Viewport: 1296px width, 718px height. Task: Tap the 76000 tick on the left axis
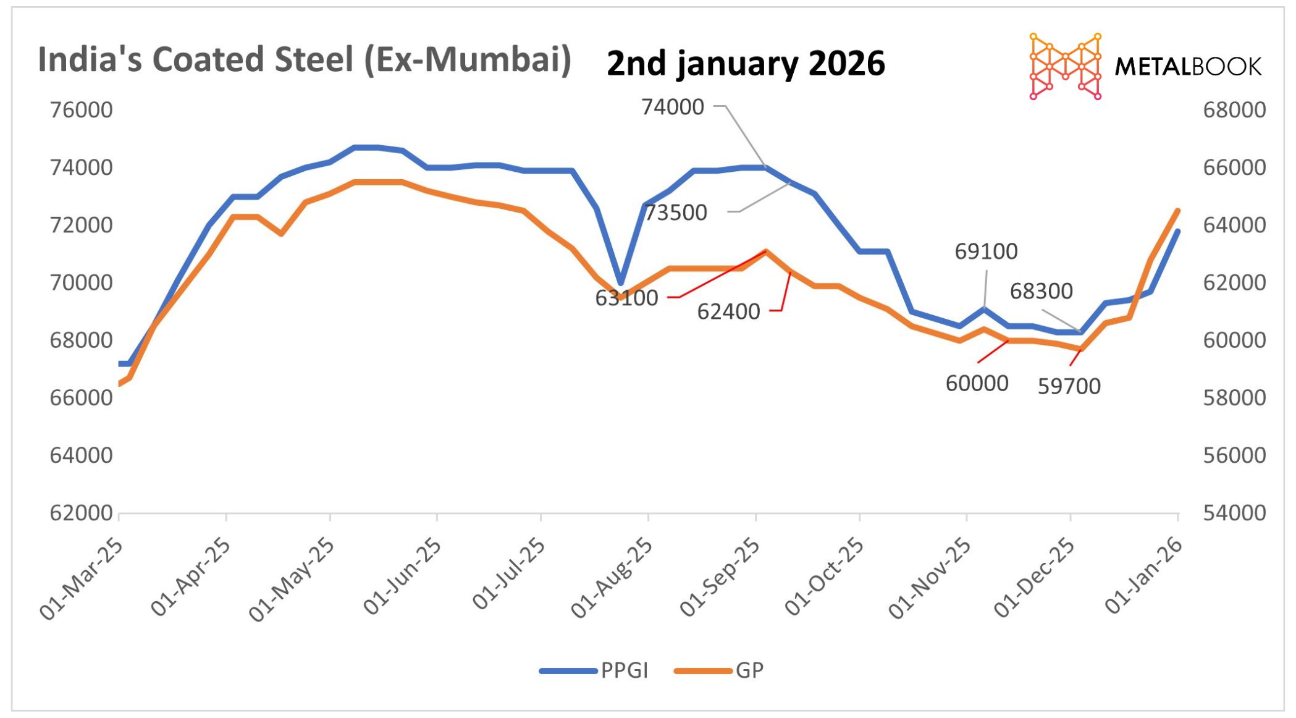click(82, 110)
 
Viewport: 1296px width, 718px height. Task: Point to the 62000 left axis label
click(82, 513)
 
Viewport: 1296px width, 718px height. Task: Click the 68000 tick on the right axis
click(1234, 110)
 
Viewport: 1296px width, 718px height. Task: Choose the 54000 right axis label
click(1234, 513)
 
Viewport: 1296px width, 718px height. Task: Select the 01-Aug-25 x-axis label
click(612, 578)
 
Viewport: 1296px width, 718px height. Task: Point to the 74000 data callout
click(673, 107)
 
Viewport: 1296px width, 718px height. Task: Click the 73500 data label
click(676, 213)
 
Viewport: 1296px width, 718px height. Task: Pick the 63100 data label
click(626, 298)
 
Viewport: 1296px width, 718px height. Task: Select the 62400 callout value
click(728, 311)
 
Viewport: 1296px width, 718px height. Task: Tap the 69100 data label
click(986, 251)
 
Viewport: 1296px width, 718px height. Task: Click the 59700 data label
click(1069, 386)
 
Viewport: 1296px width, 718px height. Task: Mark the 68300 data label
click(1041, 291)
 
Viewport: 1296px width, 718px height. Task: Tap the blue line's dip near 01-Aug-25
click(621, 282)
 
